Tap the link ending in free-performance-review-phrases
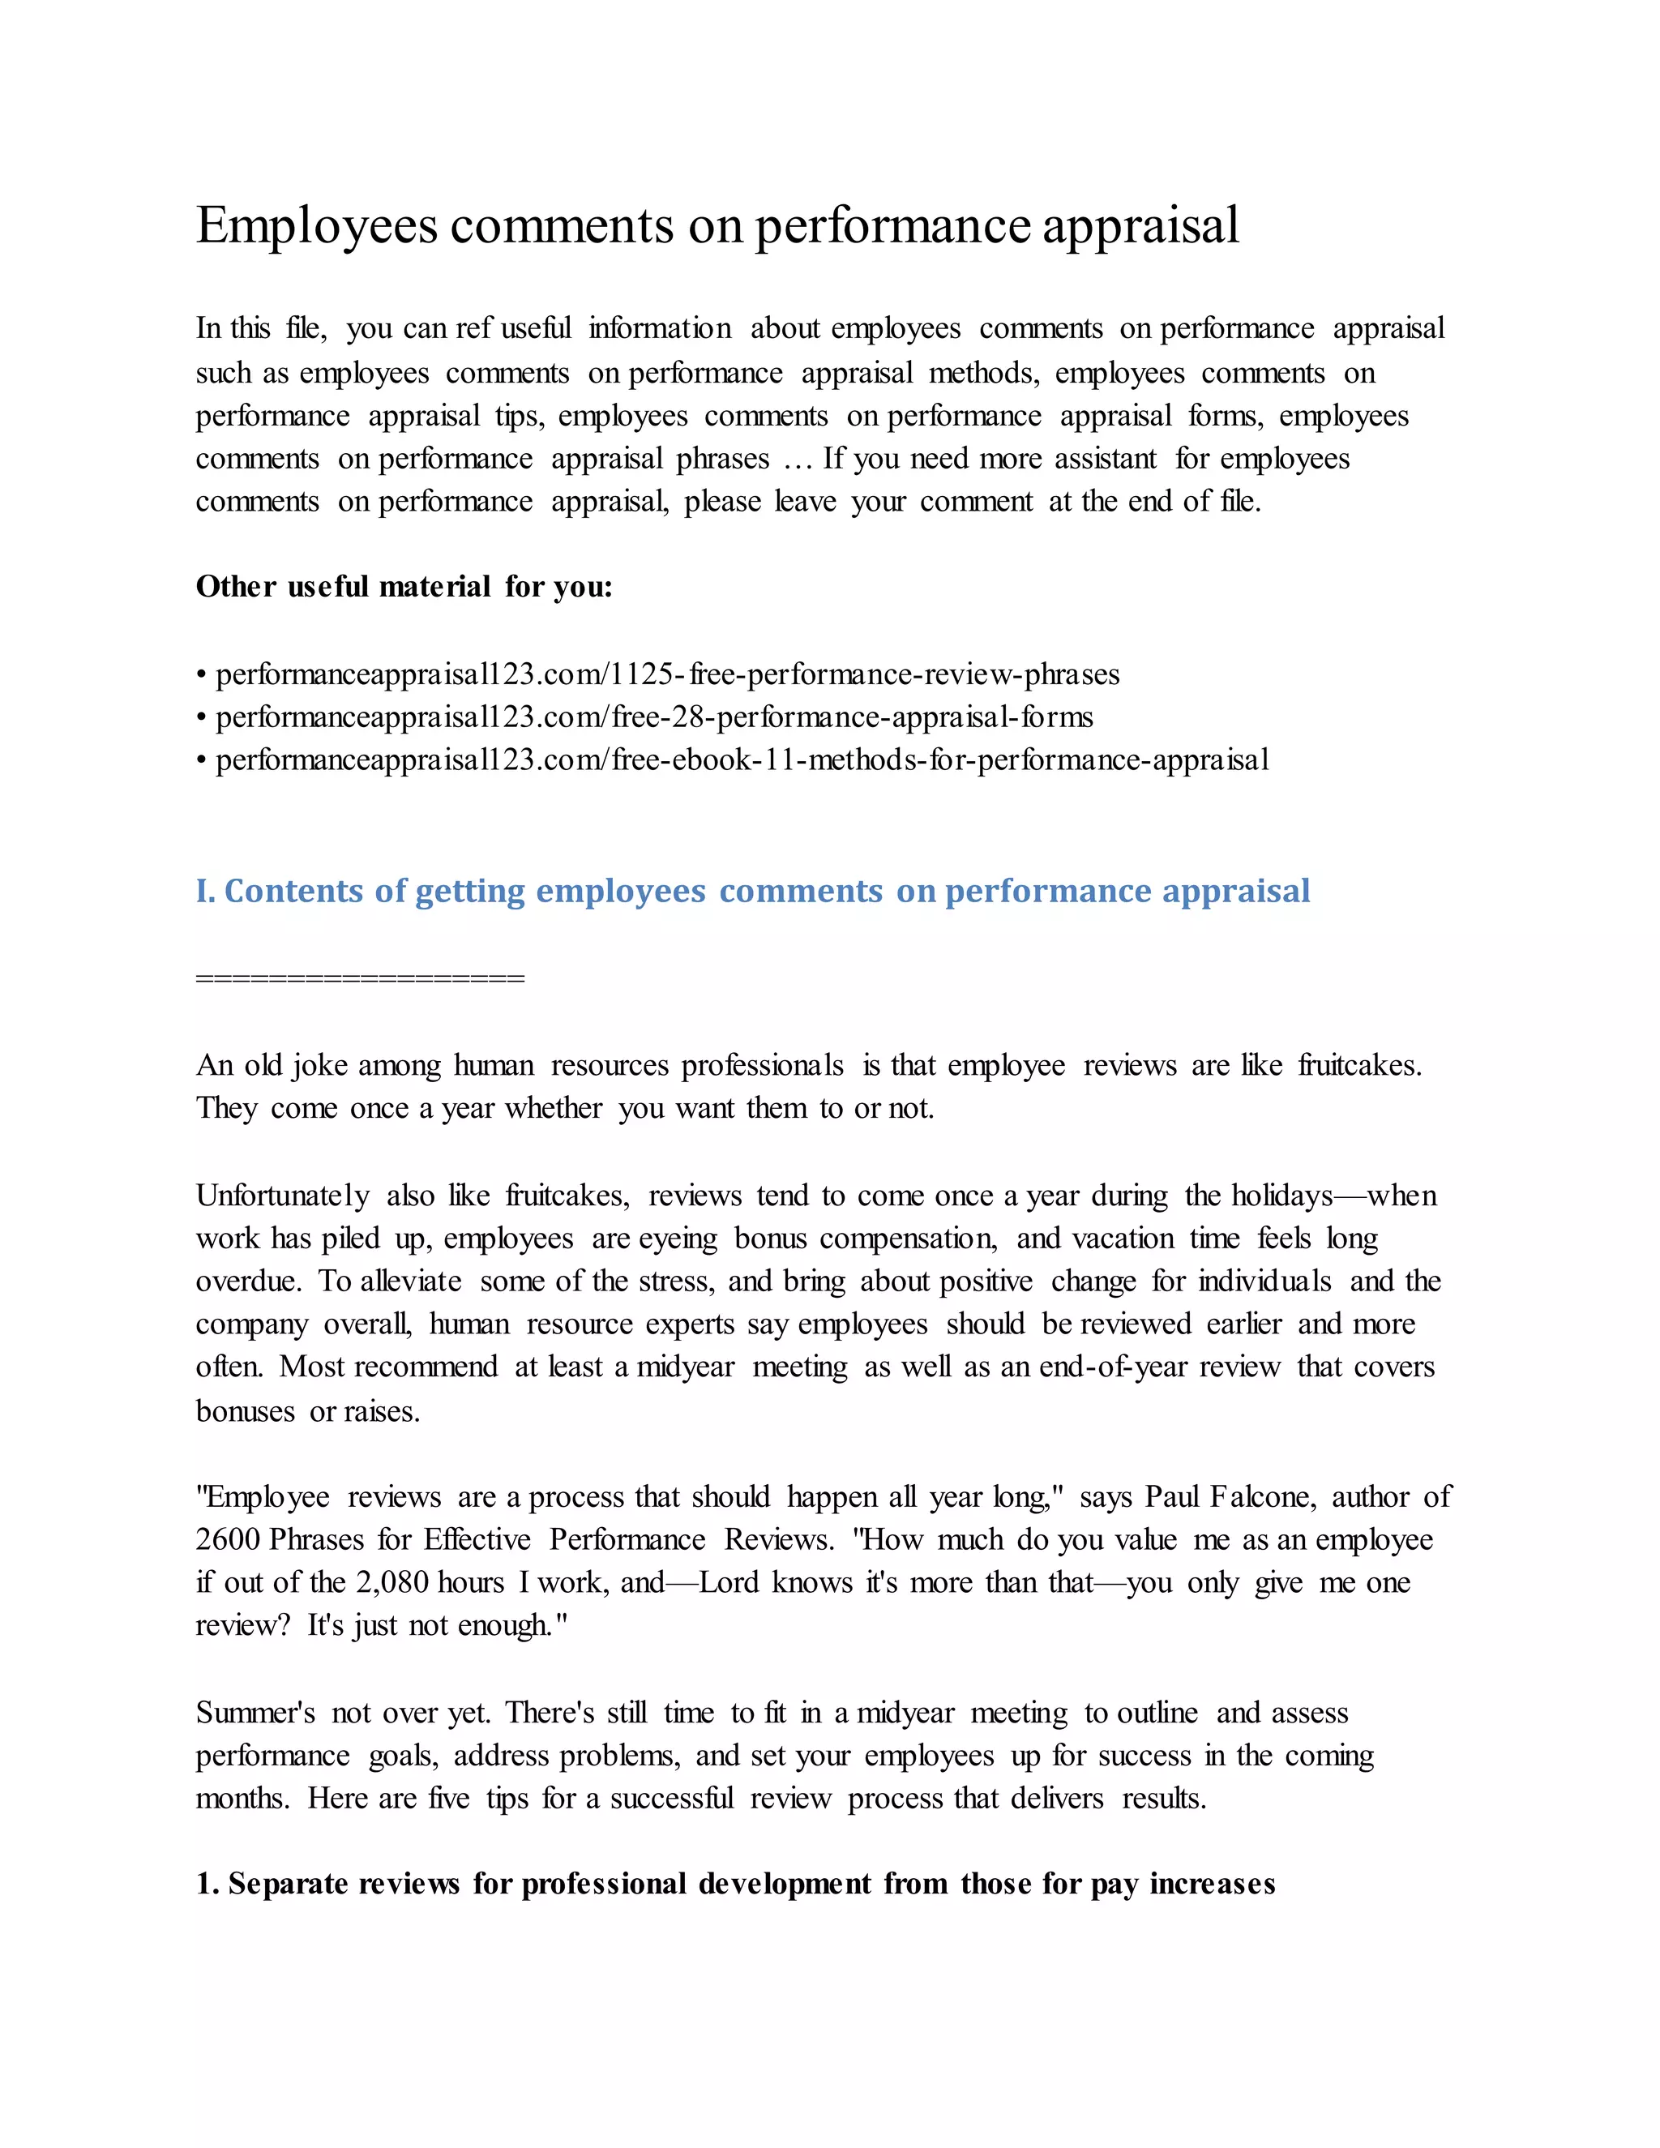tap(667, 674)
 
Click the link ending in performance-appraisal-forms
tap(654, 717)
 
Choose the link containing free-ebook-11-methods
tap(742, 760)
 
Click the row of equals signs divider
tap(360, 978)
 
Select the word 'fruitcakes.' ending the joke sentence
tap(1359, 1065)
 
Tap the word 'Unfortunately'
tap(282, 1196)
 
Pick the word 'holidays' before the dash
tap(1281, 1196)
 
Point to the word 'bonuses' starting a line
tap(245, 1412)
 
